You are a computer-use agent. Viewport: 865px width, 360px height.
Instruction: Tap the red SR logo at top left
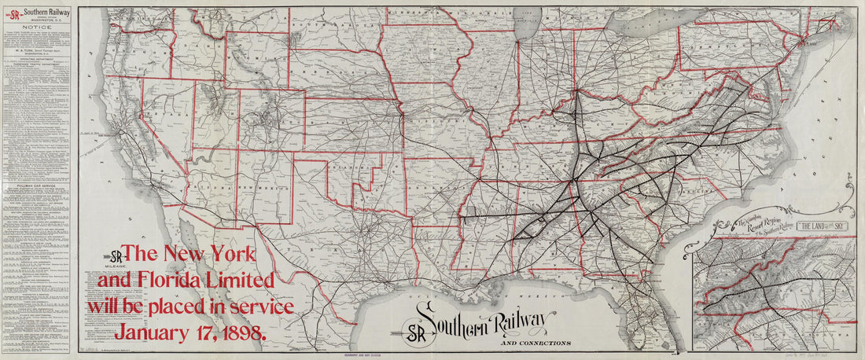point(13,12)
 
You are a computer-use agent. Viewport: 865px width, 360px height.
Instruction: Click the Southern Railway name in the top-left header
point(46,12)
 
